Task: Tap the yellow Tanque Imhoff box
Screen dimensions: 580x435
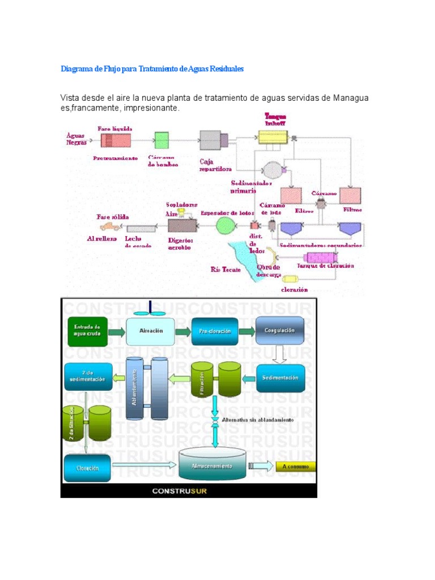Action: [273, 137]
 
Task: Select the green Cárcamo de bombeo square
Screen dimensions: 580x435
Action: [162, 140]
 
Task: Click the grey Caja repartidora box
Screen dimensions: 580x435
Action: [211, 139]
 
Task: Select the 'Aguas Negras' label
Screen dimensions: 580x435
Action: [76, 139]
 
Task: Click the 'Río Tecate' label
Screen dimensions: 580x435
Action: [225, 270]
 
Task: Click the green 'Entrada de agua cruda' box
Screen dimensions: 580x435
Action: [87, 330]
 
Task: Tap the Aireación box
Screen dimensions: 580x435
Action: [150, 331]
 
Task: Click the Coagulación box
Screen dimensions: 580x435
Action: [279, 331]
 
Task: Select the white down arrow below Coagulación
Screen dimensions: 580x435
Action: [279, 354]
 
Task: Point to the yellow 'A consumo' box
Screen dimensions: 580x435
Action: [296, 467]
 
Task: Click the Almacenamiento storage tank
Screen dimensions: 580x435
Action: [212, 464]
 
